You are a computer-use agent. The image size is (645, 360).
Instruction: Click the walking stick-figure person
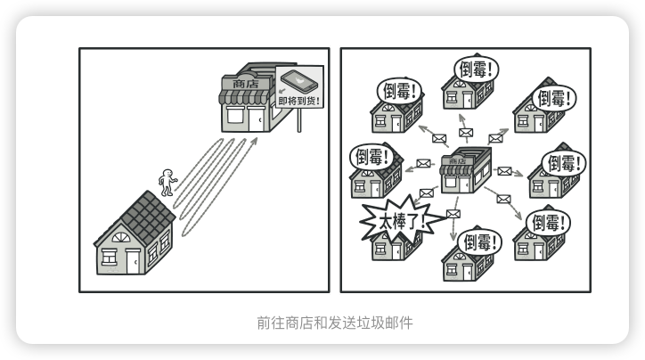click(167, 183)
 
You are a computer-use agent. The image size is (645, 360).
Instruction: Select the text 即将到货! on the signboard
click(299, 101)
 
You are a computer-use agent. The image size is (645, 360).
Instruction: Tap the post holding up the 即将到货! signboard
click(298, 120)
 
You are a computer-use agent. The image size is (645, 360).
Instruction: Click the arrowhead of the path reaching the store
click(255, 139)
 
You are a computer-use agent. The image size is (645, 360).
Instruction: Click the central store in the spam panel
click(466, 168)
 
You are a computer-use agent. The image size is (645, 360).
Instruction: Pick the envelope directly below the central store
click(453, 214)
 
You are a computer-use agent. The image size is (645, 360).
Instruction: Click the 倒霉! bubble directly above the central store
click(477, 69)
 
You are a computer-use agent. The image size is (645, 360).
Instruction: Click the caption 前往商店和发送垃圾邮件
click(322, 321)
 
